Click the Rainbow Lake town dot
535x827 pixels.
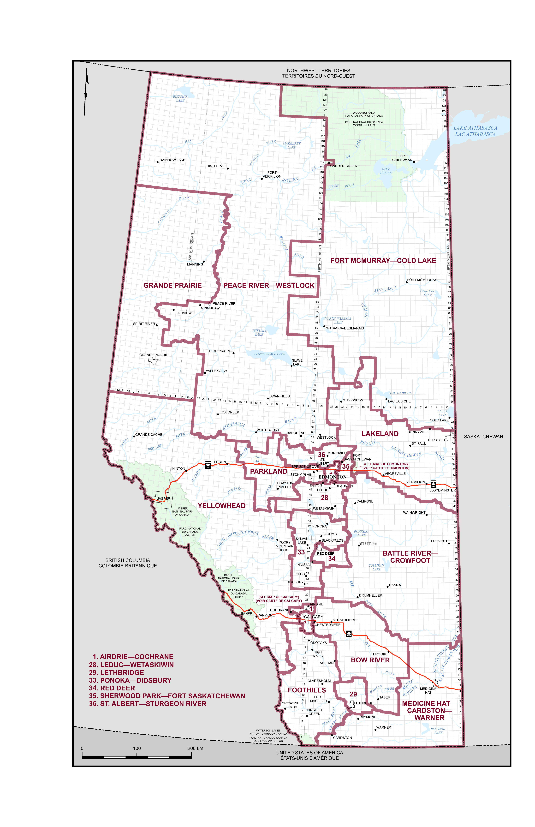pos(157,162)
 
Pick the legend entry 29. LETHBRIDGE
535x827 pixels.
pos(116,672)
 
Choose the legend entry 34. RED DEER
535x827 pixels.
pos(112,688)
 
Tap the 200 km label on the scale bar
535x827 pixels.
pos(195,748)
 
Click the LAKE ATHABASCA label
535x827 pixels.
pos(475,128)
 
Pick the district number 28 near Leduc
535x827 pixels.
pos(324,498)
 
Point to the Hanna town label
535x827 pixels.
pos(395,585)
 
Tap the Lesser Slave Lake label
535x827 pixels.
pos(270,354)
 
